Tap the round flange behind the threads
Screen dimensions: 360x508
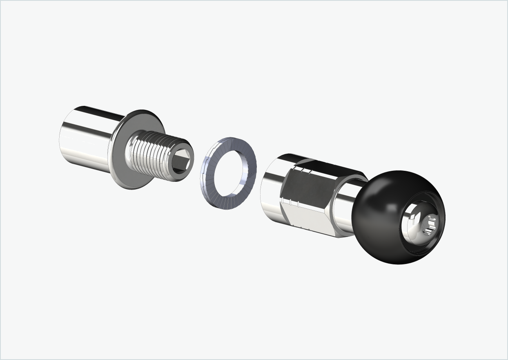coord(123,163)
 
